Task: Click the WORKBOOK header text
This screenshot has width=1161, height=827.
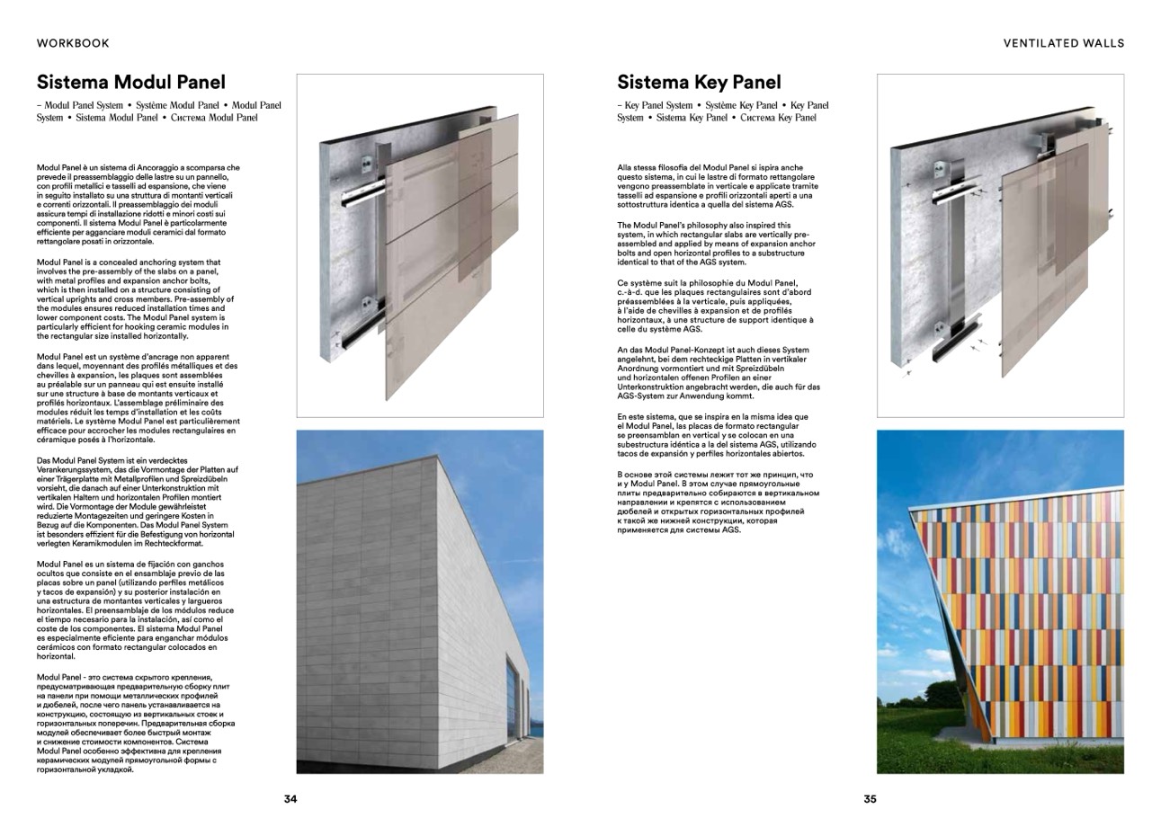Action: tap(73, 42)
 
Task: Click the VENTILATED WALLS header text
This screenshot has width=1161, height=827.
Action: tap(1063, 42)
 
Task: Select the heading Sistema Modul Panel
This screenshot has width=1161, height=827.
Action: tap(130, 83)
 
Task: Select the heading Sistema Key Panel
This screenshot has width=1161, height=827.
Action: tap(699, 83)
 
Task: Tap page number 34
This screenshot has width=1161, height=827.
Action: tap(290, 799)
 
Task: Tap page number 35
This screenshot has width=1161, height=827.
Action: tap(870, 799)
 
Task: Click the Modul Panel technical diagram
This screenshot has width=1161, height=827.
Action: tap(420, 245)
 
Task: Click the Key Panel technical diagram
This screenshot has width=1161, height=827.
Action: tap(1000, 245)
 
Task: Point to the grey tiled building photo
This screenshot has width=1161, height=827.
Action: tap(420, 601)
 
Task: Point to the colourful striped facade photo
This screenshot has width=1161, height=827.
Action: tap(1000, 601)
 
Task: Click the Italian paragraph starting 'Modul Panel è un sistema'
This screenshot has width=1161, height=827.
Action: tap(138, 204)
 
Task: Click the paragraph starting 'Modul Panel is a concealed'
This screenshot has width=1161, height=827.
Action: tap(135, 298)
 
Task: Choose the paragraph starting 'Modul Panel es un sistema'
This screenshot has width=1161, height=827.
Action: tap(135, 609)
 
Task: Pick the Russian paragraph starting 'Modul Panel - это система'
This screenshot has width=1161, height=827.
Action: tap(136, 723)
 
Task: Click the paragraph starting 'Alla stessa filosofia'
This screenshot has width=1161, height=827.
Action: tap(717, 186)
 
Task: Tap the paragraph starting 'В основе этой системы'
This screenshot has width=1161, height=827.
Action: tap(718, 502)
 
